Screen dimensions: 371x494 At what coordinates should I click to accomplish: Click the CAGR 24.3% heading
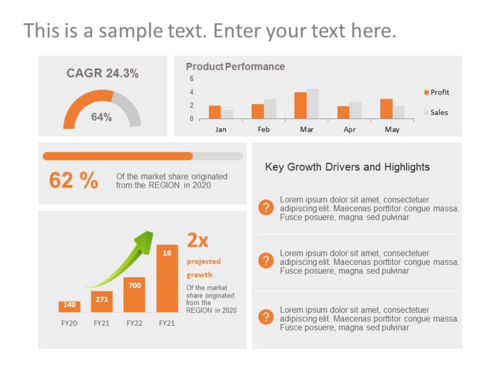tap(103, 74)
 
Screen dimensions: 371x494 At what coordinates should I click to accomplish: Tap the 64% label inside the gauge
tap(101, 117)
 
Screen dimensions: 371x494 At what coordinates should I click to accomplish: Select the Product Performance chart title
tap(235, 67)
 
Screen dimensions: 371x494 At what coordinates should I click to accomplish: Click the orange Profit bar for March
tap(300, 106)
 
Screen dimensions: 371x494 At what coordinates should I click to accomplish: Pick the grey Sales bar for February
tap(270, 109)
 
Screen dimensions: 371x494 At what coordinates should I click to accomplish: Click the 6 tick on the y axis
tap(191, 79)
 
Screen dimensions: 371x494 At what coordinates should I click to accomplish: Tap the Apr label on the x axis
tap(349, 129)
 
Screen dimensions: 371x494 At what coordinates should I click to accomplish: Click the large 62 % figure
tap(74, 181)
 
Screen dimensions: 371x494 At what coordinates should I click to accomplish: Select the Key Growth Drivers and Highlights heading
tap(347, 167)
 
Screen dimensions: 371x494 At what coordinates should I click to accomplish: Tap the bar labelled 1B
tap(167, 278)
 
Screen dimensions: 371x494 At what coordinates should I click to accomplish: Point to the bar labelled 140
tap(69, 306)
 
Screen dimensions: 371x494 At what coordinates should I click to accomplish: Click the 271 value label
tap(102, 300)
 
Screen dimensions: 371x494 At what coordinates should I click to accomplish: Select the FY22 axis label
tap(134, 323)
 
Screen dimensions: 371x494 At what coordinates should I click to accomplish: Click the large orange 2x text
tap(197, 240)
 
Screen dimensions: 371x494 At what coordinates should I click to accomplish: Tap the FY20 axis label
tap(69, 323)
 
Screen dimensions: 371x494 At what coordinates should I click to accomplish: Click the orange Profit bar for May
tap(386, 109)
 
